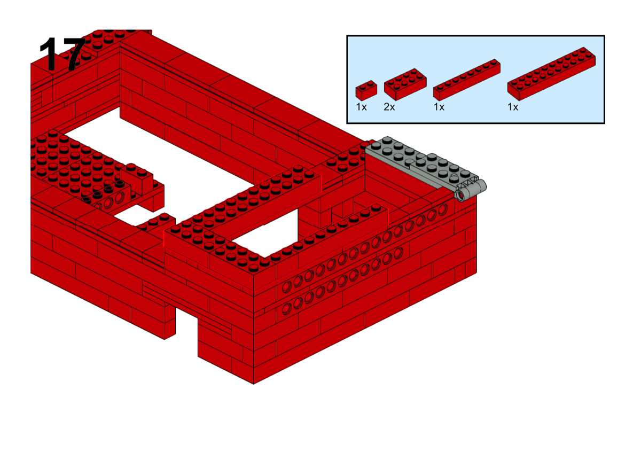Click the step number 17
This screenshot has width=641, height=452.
point(62,54)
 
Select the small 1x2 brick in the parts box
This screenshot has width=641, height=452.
point(366,90)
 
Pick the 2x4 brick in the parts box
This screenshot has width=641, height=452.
point(405,84)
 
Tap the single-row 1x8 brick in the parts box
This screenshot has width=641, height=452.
point(467,80)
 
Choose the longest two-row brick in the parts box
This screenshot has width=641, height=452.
point(551,74)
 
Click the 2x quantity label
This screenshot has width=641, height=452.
point(389,107)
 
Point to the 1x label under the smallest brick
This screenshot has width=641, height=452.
point(361,107)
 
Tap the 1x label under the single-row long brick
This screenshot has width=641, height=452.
point(439,107)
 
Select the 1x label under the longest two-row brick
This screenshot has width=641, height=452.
point(513,107)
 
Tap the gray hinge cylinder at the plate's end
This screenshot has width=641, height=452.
point(471,191)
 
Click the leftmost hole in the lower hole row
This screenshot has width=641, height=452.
point(287,309)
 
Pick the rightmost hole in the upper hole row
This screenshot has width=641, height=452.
point(443,209)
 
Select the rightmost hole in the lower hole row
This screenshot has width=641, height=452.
point(398,253)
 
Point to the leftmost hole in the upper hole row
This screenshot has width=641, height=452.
point(287,286)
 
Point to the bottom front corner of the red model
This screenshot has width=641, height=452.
point(254,384)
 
